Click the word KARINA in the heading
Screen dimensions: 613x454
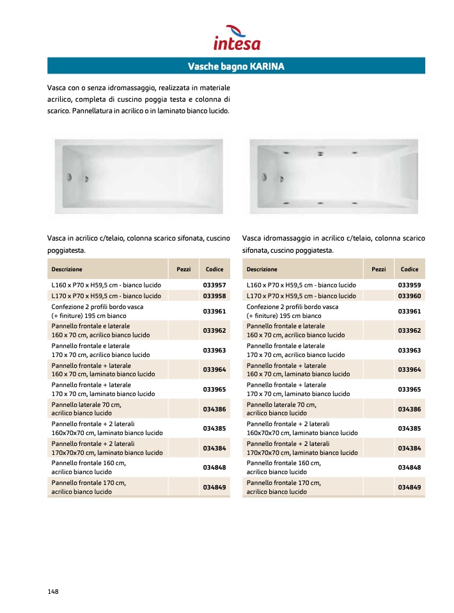tap(267, 67)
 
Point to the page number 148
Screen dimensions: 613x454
tap(53, 591)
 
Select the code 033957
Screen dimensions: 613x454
tap(214, 285)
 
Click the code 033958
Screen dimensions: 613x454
tap(214, 296)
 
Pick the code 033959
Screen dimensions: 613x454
tap(409, 285)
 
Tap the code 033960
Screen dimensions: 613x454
tap(409, 296)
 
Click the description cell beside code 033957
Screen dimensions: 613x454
tap(106, 285)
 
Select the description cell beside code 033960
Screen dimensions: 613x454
tap(301, 296)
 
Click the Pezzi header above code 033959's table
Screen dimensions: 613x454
tap(379, 269)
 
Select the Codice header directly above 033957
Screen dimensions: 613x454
tap(214, 269)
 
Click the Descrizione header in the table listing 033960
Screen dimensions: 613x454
tap(262, 269)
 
